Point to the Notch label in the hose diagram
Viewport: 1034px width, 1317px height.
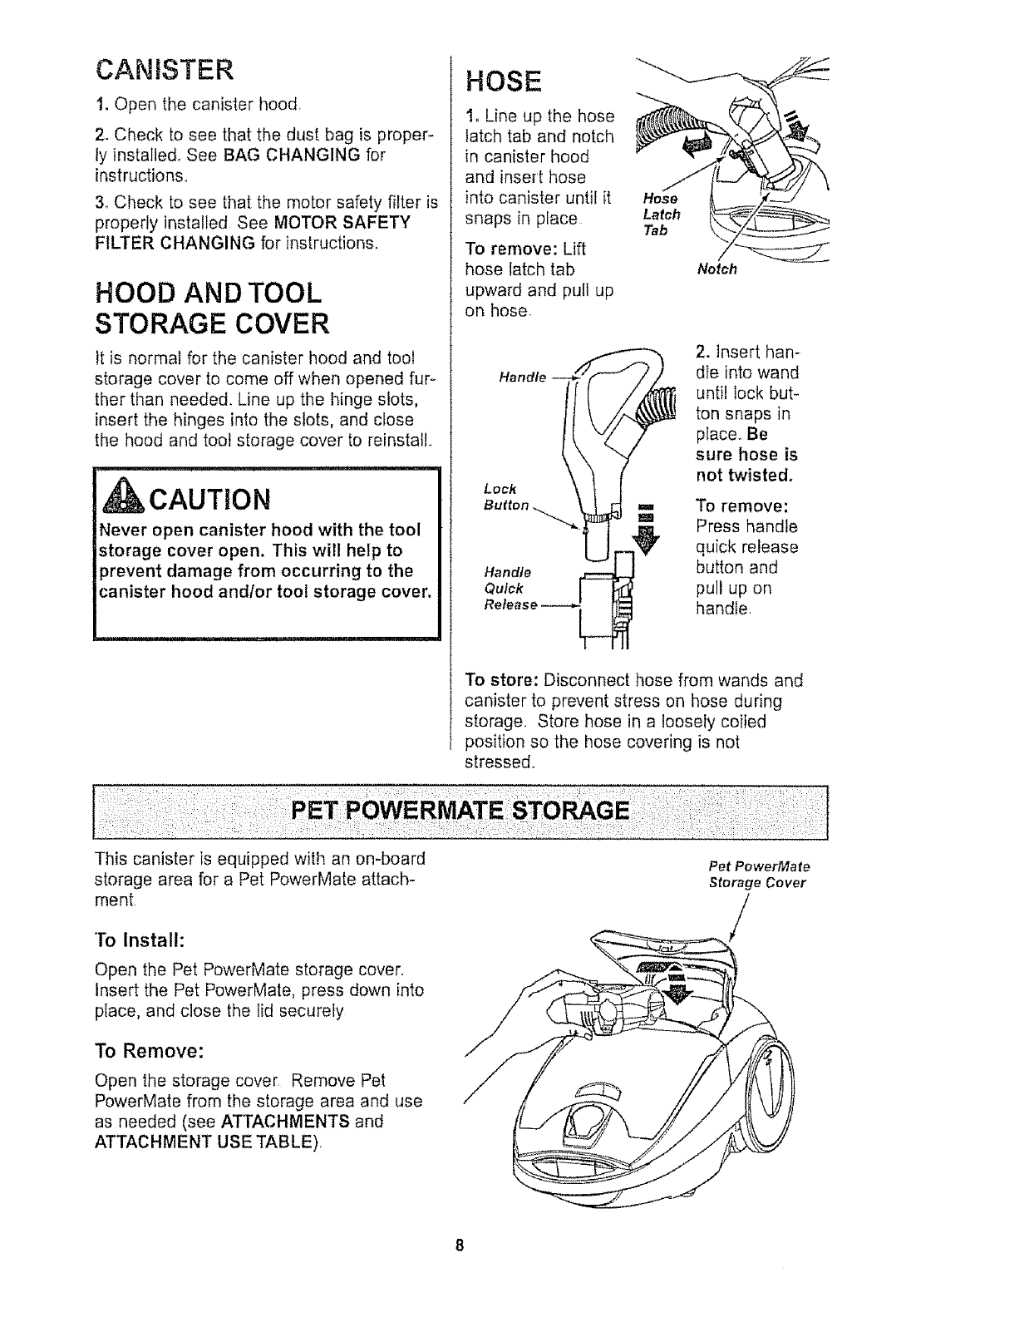(716, 270)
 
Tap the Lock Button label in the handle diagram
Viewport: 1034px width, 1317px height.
(505, 497)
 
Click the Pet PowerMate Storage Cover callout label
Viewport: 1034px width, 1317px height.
(757, 876)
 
